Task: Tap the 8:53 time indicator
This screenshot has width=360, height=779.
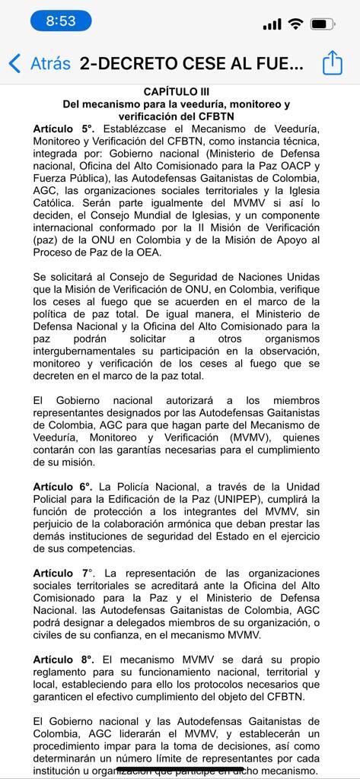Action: tap(61, 21)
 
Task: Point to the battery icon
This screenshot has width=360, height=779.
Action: tap(323, 24)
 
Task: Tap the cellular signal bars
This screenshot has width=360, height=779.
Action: tap(272, 25)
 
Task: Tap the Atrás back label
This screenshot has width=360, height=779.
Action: tap(50, 63)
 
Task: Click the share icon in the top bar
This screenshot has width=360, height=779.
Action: tap(333, 63)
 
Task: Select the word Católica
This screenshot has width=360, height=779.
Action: tap(56, 204)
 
